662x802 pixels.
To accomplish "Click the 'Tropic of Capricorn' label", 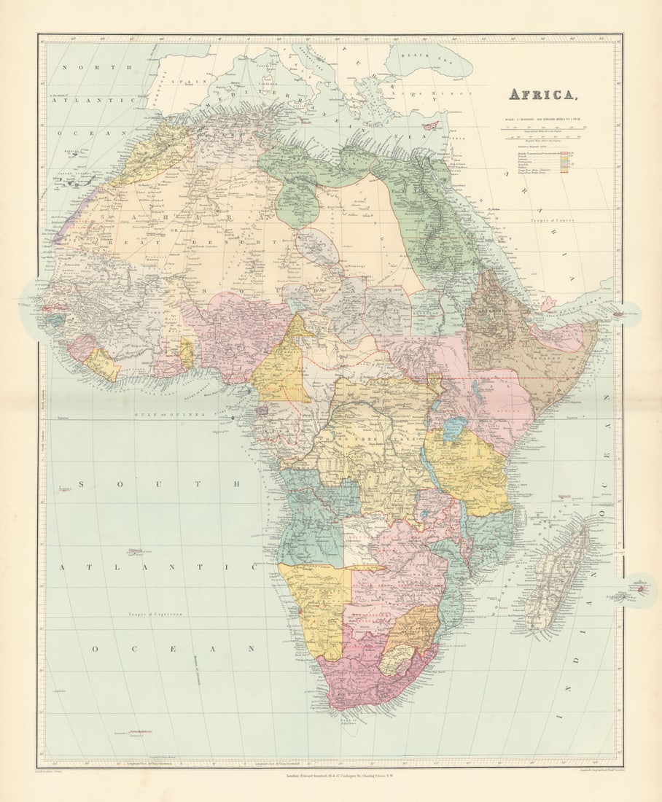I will [157, 615].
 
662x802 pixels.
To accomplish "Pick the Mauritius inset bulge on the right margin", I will [637, 589].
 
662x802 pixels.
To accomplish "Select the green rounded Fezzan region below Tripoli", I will [297, 202].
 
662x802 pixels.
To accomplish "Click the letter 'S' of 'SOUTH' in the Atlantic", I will [83, 483].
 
